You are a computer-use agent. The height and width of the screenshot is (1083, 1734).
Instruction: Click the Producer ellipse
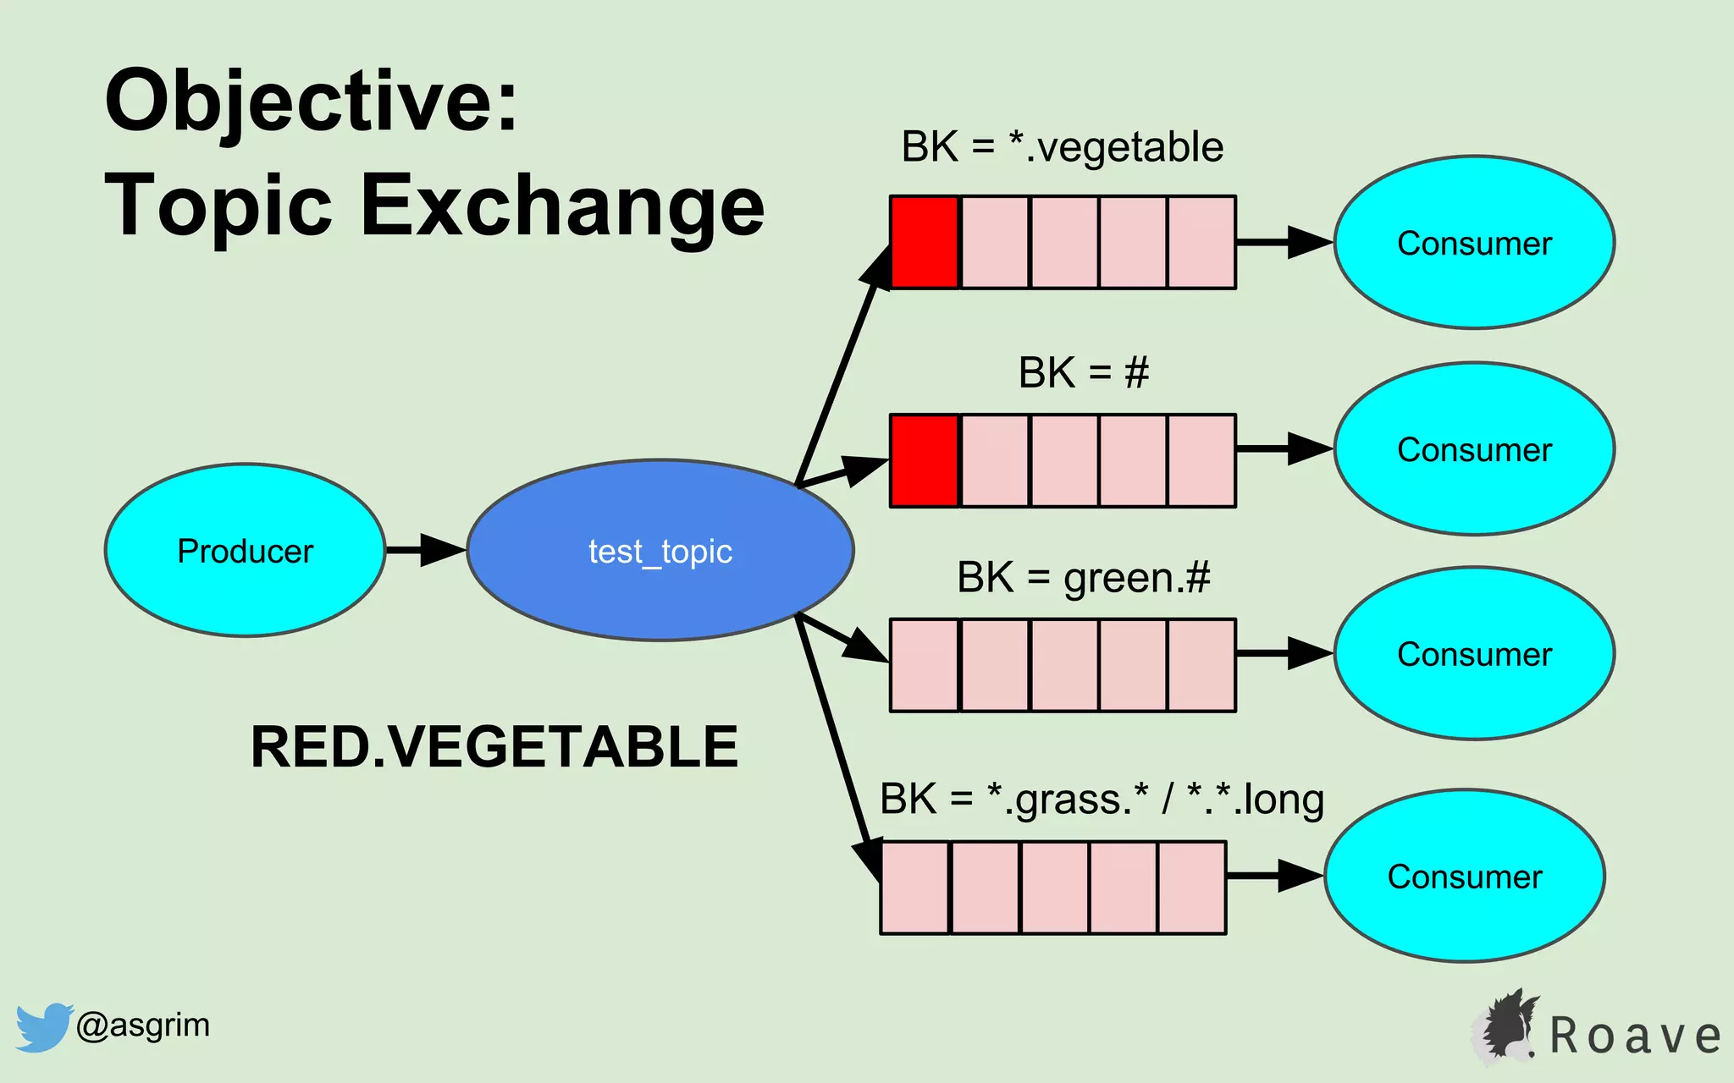click(x=245, y=550)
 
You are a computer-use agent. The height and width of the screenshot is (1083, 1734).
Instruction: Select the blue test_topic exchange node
click(x=660, y=550)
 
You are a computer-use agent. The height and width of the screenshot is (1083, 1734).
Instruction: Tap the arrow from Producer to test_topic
click(x=426, y=550)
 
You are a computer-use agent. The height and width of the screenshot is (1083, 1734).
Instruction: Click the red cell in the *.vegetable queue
click(x=925, y=243)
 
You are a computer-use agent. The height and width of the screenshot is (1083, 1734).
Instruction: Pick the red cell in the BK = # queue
click(x=925, y=460)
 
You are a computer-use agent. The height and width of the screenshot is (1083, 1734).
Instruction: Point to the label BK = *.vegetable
click(x=1062, y=147)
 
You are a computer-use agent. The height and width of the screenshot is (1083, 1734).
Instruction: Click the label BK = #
click(x=1083, y=372)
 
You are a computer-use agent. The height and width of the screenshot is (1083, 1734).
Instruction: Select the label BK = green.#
click(x=1083, y=578)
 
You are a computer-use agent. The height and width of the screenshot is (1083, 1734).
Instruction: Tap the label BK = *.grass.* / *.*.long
click(x=1102, y=799)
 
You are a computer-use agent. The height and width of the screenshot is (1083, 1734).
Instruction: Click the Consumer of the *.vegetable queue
click(x=1474, y=243)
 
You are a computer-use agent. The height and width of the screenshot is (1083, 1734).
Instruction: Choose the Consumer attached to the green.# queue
click(x=1474, y=654)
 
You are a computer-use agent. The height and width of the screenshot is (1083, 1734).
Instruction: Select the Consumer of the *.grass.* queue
click(x=1464, y=877)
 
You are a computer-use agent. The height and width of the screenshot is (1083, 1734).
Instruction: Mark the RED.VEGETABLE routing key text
click(x=494, y=747)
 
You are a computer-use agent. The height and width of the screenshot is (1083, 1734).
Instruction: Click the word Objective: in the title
click(x=311, y=102)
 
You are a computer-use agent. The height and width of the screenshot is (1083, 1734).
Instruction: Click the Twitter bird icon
click(x=42, y=1027)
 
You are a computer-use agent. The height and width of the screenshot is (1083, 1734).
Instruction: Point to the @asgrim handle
click(x=142, y=1025)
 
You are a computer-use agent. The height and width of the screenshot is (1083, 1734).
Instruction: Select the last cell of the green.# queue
click(x=1201, y=665)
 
